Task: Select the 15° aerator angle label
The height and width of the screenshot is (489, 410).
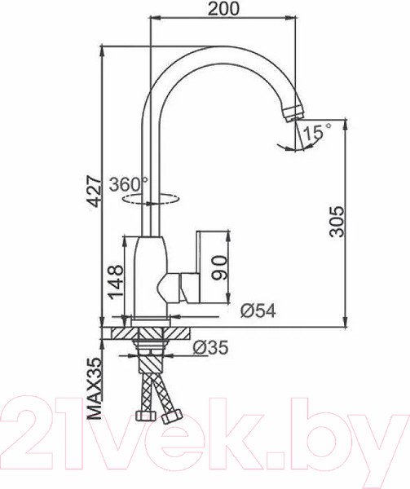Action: click(317, 130)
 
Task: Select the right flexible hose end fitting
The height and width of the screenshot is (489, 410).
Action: click(171, 418)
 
